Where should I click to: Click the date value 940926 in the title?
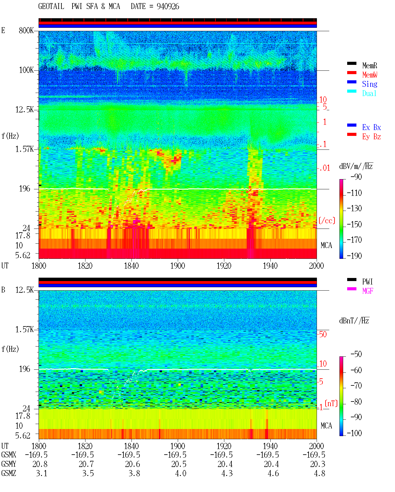pos(168,6)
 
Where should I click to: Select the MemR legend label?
pos(370,65)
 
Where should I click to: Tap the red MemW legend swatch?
pos(351,73)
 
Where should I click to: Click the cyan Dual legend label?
pos(369,93)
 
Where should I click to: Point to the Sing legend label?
pos(370,84)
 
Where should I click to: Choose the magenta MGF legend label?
pos(368,291)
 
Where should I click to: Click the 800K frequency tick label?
pos(26,30)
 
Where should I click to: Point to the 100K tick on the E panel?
pos(26,70)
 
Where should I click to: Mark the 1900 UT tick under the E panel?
pos(177,266)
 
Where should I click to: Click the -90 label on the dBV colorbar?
pos(356,177)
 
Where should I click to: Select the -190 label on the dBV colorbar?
pos(354,256)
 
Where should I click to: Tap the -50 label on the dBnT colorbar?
pos(356,354)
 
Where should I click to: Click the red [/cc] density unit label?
pos(327,221)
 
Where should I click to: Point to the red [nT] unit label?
pos(331,403)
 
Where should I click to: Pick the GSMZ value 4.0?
pos(181,473)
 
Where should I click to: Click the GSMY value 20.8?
pos(40,464)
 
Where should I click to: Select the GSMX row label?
pos(9,455)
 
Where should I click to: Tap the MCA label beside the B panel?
pos(326,426)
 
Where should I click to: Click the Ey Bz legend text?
pos(372,137)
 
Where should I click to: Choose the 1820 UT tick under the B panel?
pos(85,446)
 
